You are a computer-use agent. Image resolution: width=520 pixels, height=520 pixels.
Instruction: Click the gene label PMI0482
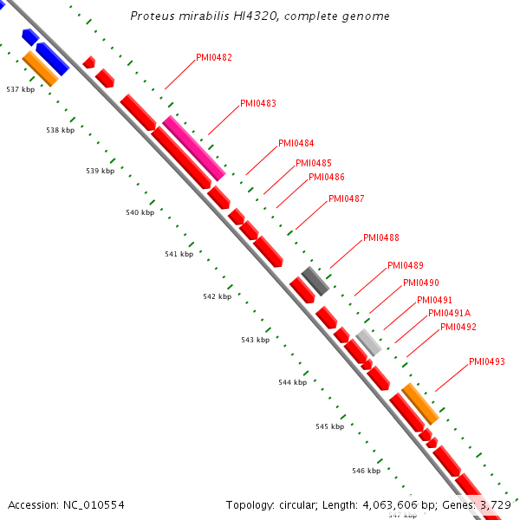point(213,57)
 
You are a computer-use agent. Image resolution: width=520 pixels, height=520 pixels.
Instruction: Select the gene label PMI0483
point(258,103)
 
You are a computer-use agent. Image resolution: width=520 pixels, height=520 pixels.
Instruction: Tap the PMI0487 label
point(346,198)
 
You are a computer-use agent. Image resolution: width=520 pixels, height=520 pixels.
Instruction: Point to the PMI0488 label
point(380,237)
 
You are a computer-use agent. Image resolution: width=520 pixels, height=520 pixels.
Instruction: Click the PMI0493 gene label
point(486,361)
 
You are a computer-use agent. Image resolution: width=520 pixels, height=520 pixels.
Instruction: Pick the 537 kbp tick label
point(20,89)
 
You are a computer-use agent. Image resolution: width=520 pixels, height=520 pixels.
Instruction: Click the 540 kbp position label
point(140,212)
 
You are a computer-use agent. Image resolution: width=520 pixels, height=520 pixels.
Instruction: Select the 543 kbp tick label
point(255,340)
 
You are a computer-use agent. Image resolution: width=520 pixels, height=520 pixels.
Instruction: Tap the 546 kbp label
point(367,471)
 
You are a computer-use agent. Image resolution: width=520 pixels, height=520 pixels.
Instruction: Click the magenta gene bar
point(194,148)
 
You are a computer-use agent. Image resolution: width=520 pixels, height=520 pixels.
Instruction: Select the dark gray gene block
point(315,281)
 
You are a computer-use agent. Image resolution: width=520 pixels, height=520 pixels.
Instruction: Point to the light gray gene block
point(368,342)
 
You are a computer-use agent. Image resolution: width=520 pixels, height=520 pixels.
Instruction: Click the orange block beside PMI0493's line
point(420,403)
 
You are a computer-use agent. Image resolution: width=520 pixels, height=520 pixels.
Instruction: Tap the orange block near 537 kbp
point(40,68)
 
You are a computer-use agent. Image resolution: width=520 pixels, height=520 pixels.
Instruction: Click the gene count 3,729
point(496,504)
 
